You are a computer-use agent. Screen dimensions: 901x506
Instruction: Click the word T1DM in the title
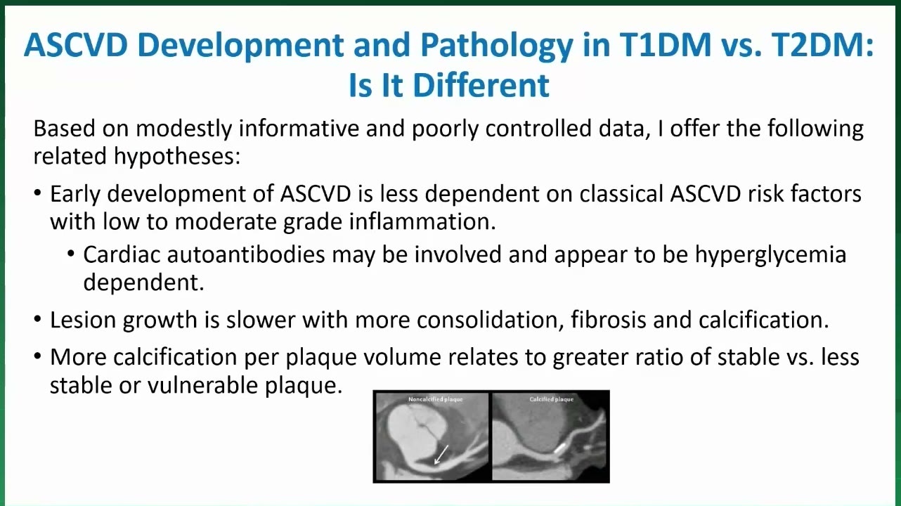coord(666,44)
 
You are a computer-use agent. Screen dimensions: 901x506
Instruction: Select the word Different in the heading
coord(481,85)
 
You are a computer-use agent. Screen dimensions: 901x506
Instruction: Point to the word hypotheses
coord(176,157)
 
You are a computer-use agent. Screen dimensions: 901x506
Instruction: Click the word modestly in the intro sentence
coord(184,129)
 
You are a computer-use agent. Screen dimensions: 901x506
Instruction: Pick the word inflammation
coord(422,221)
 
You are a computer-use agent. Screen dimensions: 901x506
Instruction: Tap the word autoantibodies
coord(246,254)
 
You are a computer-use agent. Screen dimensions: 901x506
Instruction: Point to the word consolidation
coord(490,320)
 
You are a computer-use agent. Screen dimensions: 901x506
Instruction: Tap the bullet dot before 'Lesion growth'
coord(38,320)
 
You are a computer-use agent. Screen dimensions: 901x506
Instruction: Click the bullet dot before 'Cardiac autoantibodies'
coord(71,254)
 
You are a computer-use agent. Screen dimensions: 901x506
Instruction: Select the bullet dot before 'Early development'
coord(38,193)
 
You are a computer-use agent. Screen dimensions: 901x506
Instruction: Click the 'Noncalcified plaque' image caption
coord(436,399)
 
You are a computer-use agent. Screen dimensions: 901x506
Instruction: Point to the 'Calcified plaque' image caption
coord(552,399)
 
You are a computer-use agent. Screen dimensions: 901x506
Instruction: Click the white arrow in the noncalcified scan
coord(441,455)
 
